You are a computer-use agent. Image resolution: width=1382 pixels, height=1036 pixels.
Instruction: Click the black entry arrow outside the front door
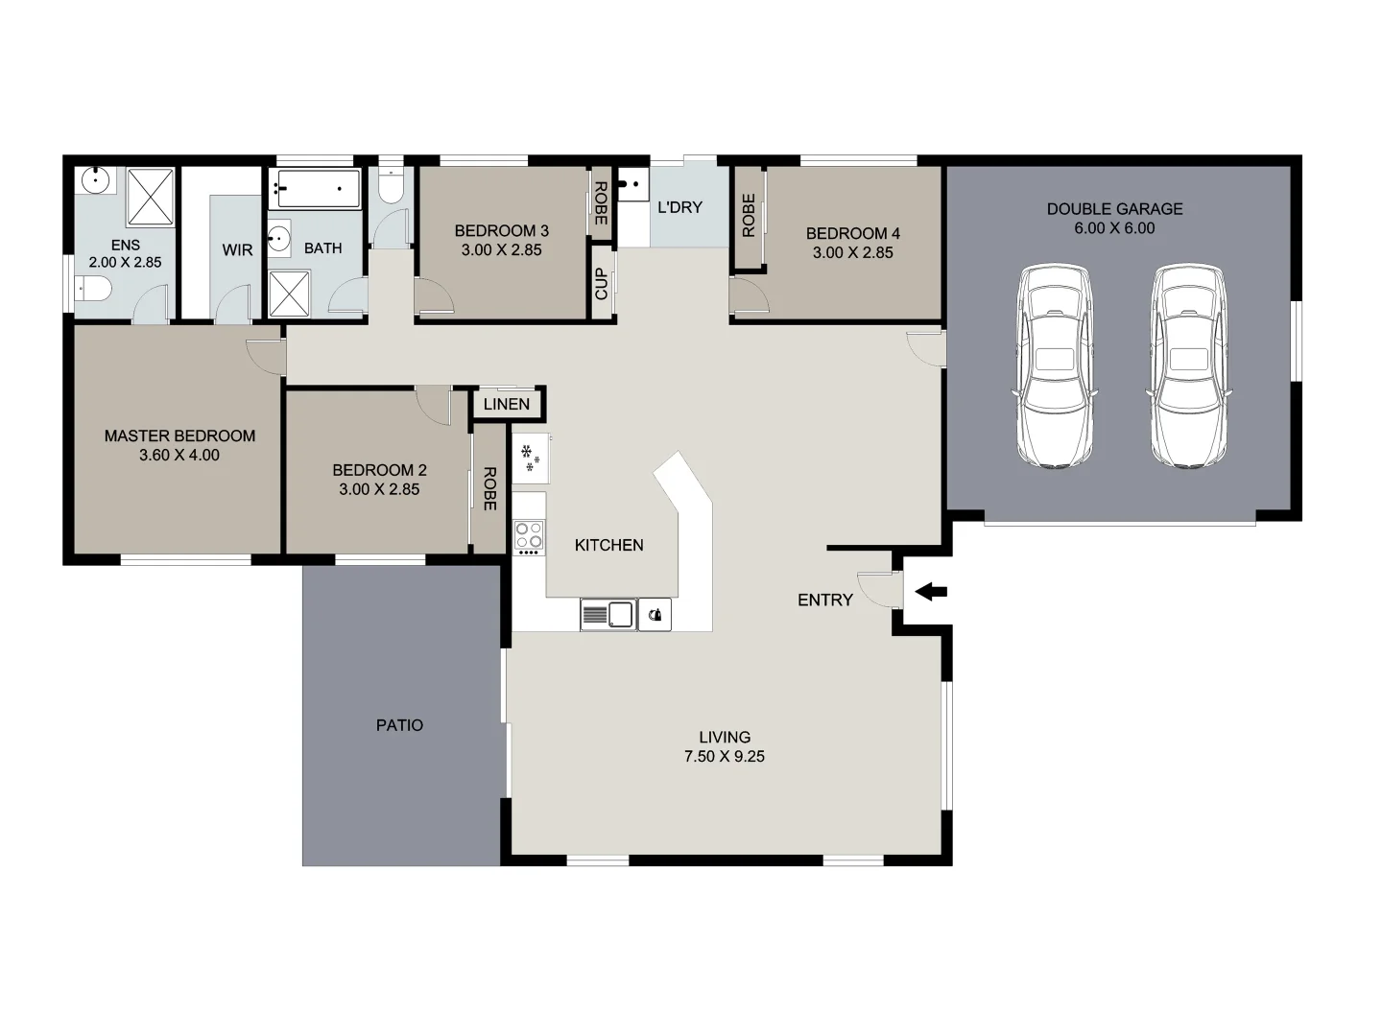tap(931, 592)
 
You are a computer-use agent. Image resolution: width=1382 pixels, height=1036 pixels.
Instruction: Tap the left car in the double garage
tap(1055, 366)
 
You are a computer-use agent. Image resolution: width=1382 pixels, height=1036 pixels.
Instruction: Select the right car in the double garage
tap(1189, 366)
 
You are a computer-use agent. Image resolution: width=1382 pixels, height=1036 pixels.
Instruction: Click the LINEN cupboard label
tap(507, 404)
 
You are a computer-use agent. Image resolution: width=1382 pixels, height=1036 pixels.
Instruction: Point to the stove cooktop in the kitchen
tap(528, 537)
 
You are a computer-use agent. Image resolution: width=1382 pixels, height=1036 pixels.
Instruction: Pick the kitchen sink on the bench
tap(608, 614)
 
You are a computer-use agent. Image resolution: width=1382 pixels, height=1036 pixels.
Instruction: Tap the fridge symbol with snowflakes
tap(530, 458)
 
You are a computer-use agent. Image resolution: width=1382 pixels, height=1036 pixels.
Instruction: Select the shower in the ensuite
tap(151, 197)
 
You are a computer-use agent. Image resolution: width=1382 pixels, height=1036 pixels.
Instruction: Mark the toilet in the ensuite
tap(94, 287)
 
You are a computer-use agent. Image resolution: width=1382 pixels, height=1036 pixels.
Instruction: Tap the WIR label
tap(237, 249)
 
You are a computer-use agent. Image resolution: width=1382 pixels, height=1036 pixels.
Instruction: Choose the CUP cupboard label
tap(602, 283)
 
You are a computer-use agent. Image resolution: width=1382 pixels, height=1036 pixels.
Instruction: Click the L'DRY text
tap(679, 207)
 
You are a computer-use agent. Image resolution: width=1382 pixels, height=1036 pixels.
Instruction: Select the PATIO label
tap(399, 725)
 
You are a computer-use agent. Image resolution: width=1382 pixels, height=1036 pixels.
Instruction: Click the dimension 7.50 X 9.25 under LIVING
tap(724, 756)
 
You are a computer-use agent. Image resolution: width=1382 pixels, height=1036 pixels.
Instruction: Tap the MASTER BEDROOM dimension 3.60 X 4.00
tap(179, 455)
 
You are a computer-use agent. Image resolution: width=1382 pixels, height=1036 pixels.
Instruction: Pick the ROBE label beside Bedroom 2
tap(489, 488)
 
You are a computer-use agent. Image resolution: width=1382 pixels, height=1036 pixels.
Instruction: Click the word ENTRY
tap(824, 600)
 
